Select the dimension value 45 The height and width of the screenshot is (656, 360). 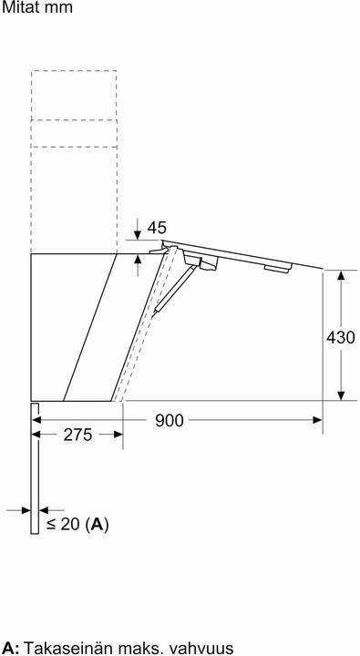coord(157,228)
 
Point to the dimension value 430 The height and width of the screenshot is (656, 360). coord(340,336)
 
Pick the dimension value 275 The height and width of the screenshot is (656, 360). coord(77,435)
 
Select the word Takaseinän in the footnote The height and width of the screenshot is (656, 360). coord(65,648)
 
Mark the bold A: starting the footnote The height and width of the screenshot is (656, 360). coord(11,648)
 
